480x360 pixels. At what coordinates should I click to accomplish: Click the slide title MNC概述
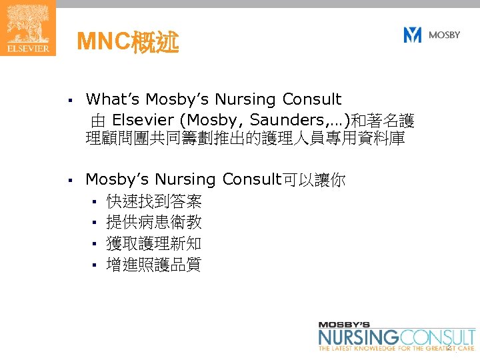(x=127, y=43)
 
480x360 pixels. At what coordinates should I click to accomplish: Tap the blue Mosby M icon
(x=413, y=35)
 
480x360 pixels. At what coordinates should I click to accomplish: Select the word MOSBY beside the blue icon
(x=444, y=35)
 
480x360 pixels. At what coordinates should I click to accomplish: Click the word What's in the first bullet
(x=114, y=100)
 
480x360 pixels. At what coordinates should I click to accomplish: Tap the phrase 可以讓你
(x=315, y=179)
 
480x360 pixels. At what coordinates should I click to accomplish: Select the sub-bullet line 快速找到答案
(x=154, y=201)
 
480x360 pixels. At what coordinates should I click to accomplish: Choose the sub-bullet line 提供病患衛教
(x=154, y=222)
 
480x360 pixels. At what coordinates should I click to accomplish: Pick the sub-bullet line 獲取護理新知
(x=154, y=243)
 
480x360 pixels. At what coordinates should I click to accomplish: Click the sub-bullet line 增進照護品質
(x=154, y=265)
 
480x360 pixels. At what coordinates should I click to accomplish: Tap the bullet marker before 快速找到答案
(x=95, y=201)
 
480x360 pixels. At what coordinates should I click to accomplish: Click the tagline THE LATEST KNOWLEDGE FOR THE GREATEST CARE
(x=397, y=349)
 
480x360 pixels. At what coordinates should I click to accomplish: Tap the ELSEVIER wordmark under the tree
(x=27, y=49)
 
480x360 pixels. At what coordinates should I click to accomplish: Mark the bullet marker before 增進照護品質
(x=95, y=265)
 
